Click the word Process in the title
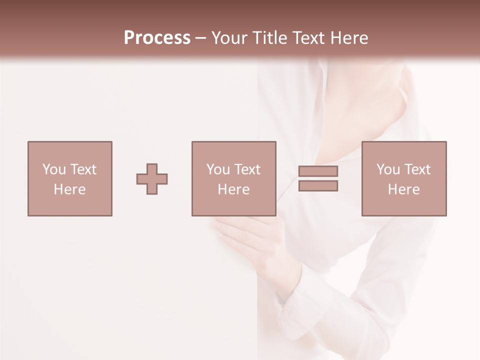pos(157,38)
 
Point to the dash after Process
pos(200,38)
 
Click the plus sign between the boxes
pos(152,178)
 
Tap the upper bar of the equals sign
pos(318,171)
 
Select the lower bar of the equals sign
pos(318,186)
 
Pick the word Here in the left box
pos(69,189)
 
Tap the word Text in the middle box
pos(247,169)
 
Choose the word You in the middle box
pos(218,169)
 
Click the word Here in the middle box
pos(233,189)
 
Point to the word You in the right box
pos(388,169)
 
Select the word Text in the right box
pos(417,169)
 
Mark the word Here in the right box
pos(403,189)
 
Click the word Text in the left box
pos(83,169)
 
